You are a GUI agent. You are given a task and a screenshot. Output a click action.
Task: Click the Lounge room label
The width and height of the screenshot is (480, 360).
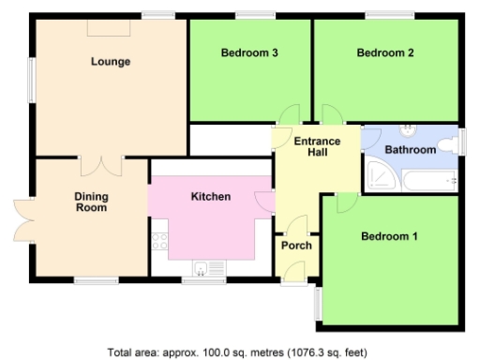111,62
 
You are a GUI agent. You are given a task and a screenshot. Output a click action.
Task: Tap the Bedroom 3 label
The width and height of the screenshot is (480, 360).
249,53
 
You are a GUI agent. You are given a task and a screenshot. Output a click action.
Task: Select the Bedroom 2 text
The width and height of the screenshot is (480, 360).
385,53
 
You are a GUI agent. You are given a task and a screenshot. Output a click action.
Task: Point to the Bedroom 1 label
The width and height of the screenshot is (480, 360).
389,236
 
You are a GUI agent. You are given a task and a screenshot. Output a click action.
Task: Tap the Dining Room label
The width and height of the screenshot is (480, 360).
92,202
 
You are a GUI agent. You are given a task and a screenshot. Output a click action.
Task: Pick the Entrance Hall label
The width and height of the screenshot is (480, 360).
316,148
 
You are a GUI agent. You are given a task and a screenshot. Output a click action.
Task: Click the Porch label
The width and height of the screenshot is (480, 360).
296,246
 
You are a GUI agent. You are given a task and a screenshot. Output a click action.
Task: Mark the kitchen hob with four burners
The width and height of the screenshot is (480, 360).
159,241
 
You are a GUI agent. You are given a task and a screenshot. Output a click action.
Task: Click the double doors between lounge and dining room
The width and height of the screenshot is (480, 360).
101,165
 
